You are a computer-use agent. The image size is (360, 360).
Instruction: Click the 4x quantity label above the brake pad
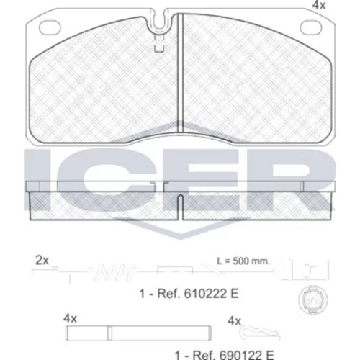[x=319, y=5]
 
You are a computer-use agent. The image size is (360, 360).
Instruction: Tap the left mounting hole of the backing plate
[x=50, y=27]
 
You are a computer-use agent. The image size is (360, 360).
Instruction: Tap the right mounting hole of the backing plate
[x=311, y=27]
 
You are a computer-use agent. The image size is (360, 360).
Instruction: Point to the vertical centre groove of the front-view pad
[x=180, y=73]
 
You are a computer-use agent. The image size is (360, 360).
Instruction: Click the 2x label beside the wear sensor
[x=42, y=261]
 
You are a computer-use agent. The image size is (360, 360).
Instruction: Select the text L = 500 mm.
[x=243, y=261]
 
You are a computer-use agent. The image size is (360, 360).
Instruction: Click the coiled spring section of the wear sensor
[x=113, y=272]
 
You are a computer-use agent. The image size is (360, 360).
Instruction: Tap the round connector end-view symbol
[x=313, y=300]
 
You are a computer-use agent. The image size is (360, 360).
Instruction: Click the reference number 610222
[x=205, y=294]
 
